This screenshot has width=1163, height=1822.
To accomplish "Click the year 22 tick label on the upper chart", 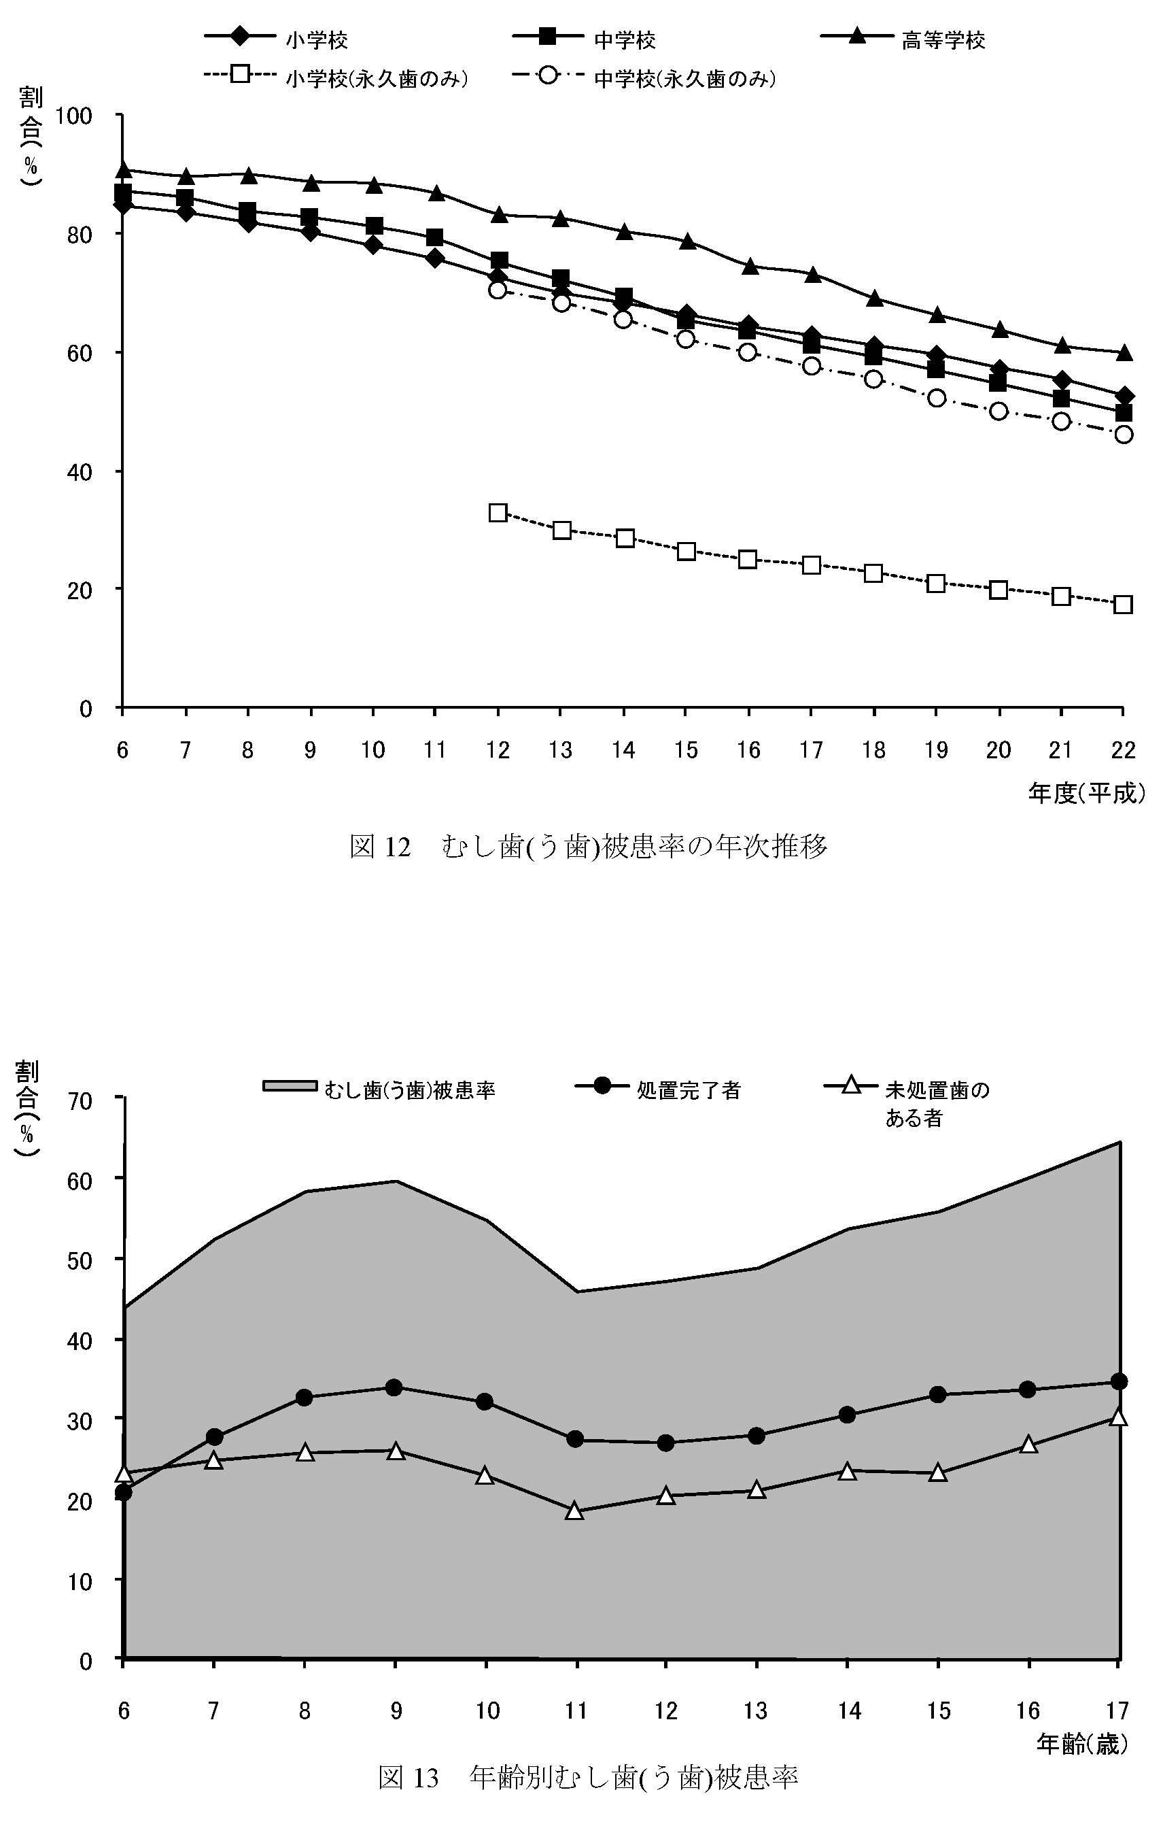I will [x=1123, y=750].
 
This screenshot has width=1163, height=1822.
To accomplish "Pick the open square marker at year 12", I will [x=498, y=512].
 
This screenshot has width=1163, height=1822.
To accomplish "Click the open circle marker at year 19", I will [x=936, y=398].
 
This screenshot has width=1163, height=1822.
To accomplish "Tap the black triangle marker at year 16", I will [x=749, y=267].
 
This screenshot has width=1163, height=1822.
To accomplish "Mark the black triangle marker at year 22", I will [x=1124, y=352].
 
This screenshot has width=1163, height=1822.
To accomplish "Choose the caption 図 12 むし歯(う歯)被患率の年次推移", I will [x=589, y=847].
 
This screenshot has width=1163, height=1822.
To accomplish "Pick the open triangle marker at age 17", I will [x=1118, y=1417].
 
